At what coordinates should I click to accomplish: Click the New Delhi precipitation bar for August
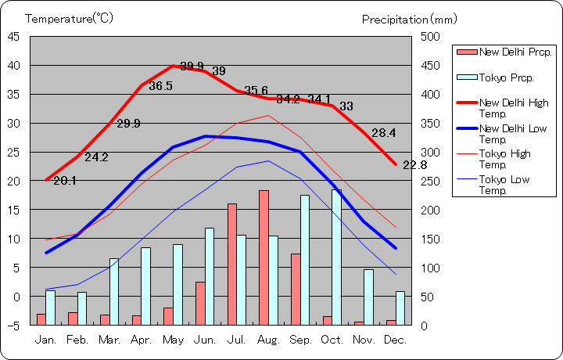pos(264,257)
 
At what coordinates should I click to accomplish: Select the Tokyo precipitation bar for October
pos(336,257)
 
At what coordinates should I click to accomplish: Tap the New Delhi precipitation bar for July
pos(232,264)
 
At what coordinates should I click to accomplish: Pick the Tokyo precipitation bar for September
pos(305,260)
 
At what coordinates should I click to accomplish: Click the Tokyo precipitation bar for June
pos(210,276)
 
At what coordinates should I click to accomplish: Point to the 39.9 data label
pos(192,66)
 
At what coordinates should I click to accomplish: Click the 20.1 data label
pos(65,181)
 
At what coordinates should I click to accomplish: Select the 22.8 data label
pos(415,165)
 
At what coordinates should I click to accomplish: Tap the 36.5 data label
pos(160,86)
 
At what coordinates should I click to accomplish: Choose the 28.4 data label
pos(384,133)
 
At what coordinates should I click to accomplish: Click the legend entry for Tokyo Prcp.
pos(505,77)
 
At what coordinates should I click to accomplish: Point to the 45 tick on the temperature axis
pos(15,36)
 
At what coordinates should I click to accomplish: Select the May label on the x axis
pos(173,340)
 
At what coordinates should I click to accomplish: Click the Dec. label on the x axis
pos(396,340)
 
